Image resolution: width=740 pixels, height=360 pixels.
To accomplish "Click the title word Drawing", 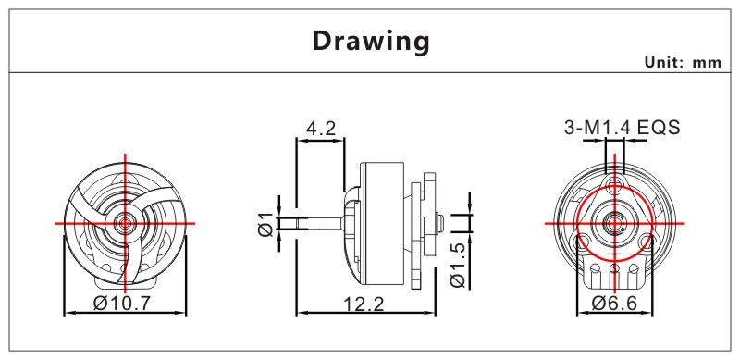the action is [x=371, y=42].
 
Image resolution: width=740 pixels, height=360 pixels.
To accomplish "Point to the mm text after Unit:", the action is [x=707, y=63].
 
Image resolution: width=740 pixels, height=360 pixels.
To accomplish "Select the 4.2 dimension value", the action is [x=320, y=128].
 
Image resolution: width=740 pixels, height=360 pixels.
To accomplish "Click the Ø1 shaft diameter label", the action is [x=265, y=224].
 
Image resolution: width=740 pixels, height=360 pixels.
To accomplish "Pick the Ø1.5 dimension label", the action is [x=458, y=266].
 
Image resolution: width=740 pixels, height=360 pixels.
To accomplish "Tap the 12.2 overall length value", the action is [x=364, y=304].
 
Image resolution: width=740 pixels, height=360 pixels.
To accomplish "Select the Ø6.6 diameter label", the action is [x=614, y=303].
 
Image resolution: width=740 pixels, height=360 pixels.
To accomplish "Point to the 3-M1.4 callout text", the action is [x=598, y=128].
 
